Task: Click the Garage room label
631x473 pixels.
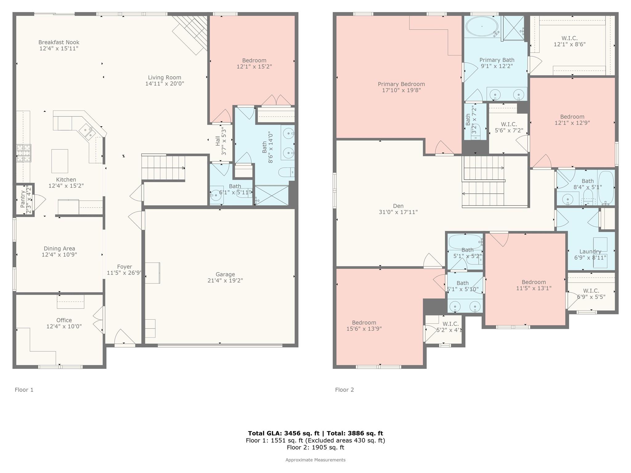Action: pyautogui.click(x=225, y=274)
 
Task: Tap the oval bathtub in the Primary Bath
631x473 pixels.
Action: pyautogui.click(x=482, y=26)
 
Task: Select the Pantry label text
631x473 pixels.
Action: pyautogui.click(x=22, y=199)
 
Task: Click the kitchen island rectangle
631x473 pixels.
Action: pyautogui.click(x=60, y=161)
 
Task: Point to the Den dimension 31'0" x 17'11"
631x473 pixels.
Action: pyautogui.click(x=398, y=212)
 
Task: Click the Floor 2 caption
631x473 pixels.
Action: pyautogui.click(x=344, y=390)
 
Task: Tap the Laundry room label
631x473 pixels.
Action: pyautogui.click(x=590, y=251)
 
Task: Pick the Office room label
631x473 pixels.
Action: pyautogui.click(x=64, y=320)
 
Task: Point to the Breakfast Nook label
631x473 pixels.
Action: pyautogui.click(x=59, y=42)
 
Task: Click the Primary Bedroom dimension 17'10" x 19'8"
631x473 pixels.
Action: pyautogui.click(x=401, y=90)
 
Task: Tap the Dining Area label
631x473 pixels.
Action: pyautogui.click(x=59, y=248)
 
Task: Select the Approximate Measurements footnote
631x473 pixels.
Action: pyautogui.click(x=315, y=460)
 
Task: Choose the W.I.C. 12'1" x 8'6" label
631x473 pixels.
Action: pyautogui.click(x=569, y=38)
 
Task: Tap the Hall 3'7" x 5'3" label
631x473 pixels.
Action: pyautogui.click(x=218, y=141)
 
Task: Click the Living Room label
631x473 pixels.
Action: pyautogui.click(x=165, y=77)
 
